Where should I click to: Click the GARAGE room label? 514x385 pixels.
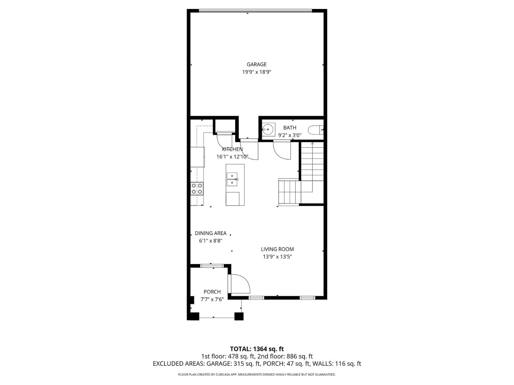256,65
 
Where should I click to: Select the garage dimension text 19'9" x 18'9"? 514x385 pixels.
256,72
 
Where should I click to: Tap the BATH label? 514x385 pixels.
289,128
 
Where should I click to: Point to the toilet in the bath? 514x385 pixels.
316,130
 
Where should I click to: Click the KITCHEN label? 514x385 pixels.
232,149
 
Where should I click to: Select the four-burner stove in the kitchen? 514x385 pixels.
197,189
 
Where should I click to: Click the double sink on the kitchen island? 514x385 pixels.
232,179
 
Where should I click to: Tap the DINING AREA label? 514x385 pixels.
211,233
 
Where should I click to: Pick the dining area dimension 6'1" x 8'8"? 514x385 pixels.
211,241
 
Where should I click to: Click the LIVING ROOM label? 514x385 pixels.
277,249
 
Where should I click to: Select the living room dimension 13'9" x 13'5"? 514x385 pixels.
277,257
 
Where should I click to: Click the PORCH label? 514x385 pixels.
212,292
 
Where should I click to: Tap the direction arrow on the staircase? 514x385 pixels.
312,143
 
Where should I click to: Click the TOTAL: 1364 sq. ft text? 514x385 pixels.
257,349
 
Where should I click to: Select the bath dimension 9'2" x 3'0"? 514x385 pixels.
289,135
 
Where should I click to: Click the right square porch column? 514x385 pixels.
239,316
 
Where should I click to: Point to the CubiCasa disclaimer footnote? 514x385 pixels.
257,375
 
